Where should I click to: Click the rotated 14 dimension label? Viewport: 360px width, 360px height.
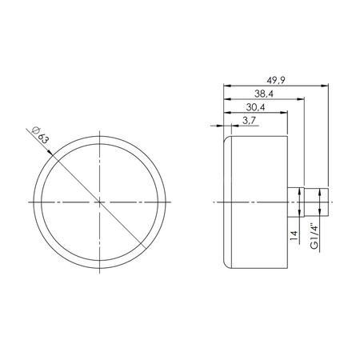(x=293, y=235)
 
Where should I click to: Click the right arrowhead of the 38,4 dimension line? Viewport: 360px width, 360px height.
(x=304, y=98)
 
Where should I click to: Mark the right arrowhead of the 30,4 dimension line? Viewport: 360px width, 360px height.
(x=286, y=112)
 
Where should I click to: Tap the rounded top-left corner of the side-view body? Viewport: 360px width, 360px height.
(x=226, y=140)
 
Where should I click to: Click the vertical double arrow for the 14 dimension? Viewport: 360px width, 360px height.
(x=301, y=201)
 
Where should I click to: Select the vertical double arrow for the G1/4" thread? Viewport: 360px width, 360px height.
(x=322, y=201)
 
